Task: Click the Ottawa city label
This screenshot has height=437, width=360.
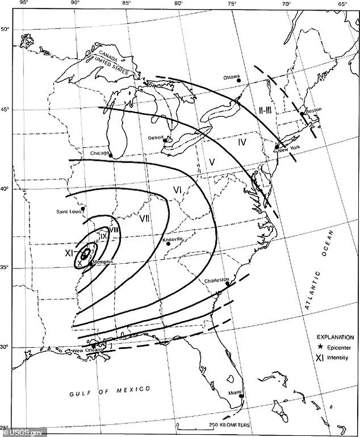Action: coord(232,77)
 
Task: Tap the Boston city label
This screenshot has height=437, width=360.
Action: coord(313,111)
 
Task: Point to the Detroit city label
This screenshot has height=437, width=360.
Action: coord(155,138)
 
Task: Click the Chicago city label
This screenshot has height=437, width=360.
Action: coord(99,153)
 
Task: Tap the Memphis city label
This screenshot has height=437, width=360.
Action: coord(104,261)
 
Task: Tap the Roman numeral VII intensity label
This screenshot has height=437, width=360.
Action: coord(144,218)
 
